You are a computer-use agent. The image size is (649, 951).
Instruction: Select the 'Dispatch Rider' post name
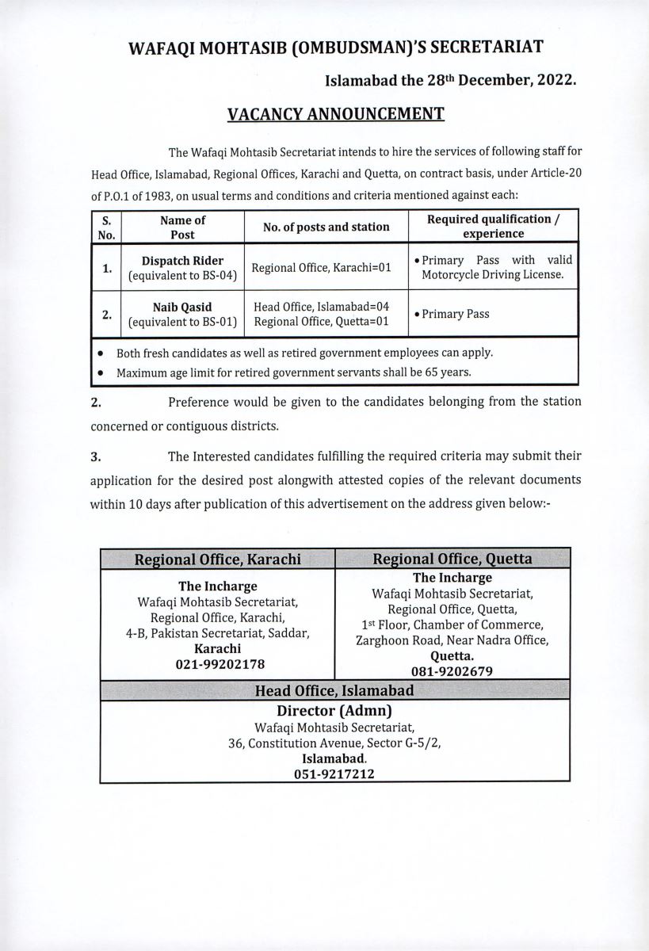pyautogui.click(x=182, y=260)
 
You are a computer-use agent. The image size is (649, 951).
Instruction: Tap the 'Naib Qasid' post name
pyautogui.click(x=182, y=306)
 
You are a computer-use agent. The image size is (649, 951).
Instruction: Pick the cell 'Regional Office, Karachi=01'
pyautogui.click(x=322, y=267)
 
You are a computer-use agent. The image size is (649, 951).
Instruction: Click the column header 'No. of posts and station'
pyautogui.click(x=326, y=227)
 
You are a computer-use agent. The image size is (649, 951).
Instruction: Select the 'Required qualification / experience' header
pyautogui.click(x=494, y=226)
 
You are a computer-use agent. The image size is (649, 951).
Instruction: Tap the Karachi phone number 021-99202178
pyautogui.click(x=217, y=663)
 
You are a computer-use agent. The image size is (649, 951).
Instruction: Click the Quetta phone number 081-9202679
pyautogui.click(x=452, y=671)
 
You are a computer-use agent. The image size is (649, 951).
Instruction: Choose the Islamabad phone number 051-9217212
pyautogui.click(x=334, y=773)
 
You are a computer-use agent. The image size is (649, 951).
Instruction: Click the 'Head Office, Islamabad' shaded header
pyautogui.click(x=334, y=690)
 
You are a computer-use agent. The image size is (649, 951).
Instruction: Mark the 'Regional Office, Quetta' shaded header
pyautogui.click(x=452, y=559)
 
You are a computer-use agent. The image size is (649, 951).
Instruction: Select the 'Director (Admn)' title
pyautogui.click(x=334, y=710)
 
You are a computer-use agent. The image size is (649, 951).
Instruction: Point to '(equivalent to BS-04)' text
pyautogui.click(x=182, y=275)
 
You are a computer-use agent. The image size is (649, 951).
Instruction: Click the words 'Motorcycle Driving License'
pyautogui.click(x=487, y=275)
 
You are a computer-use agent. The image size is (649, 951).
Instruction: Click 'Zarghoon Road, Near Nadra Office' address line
pyautogui.click(x=452, y=640)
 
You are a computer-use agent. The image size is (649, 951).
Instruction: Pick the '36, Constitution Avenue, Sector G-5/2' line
pyautogui.click(x=334, y=743)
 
